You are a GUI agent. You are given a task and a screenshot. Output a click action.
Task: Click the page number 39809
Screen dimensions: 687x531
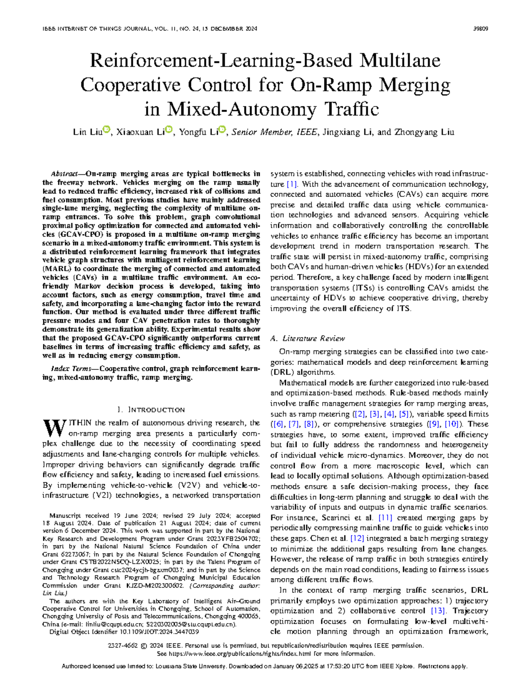click(x=481, y=29)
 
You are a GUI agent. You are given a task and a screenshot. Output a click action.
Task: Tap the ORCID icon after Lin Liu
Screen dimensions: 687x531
click(x=106, y=130)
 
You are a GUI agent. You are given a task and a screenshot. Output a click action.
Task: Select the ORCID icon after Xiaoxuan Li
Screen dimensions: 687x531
click(x=169, y=130)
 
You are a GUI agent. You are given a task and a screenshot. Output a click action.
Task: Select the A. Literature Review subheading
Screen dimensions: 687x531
click(x=307, y=338)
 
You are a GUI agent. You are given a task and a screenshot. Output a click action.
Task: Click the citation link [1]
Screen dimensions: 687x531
click(x=292, y=184)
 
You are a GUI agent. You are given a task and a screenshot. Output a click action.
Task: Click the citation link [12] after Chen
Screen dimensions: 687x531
click(x=357, y=538)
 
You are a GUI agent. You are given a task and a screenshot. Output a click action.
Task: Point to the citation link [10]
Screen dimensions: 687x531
click(x=452, y=424)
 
